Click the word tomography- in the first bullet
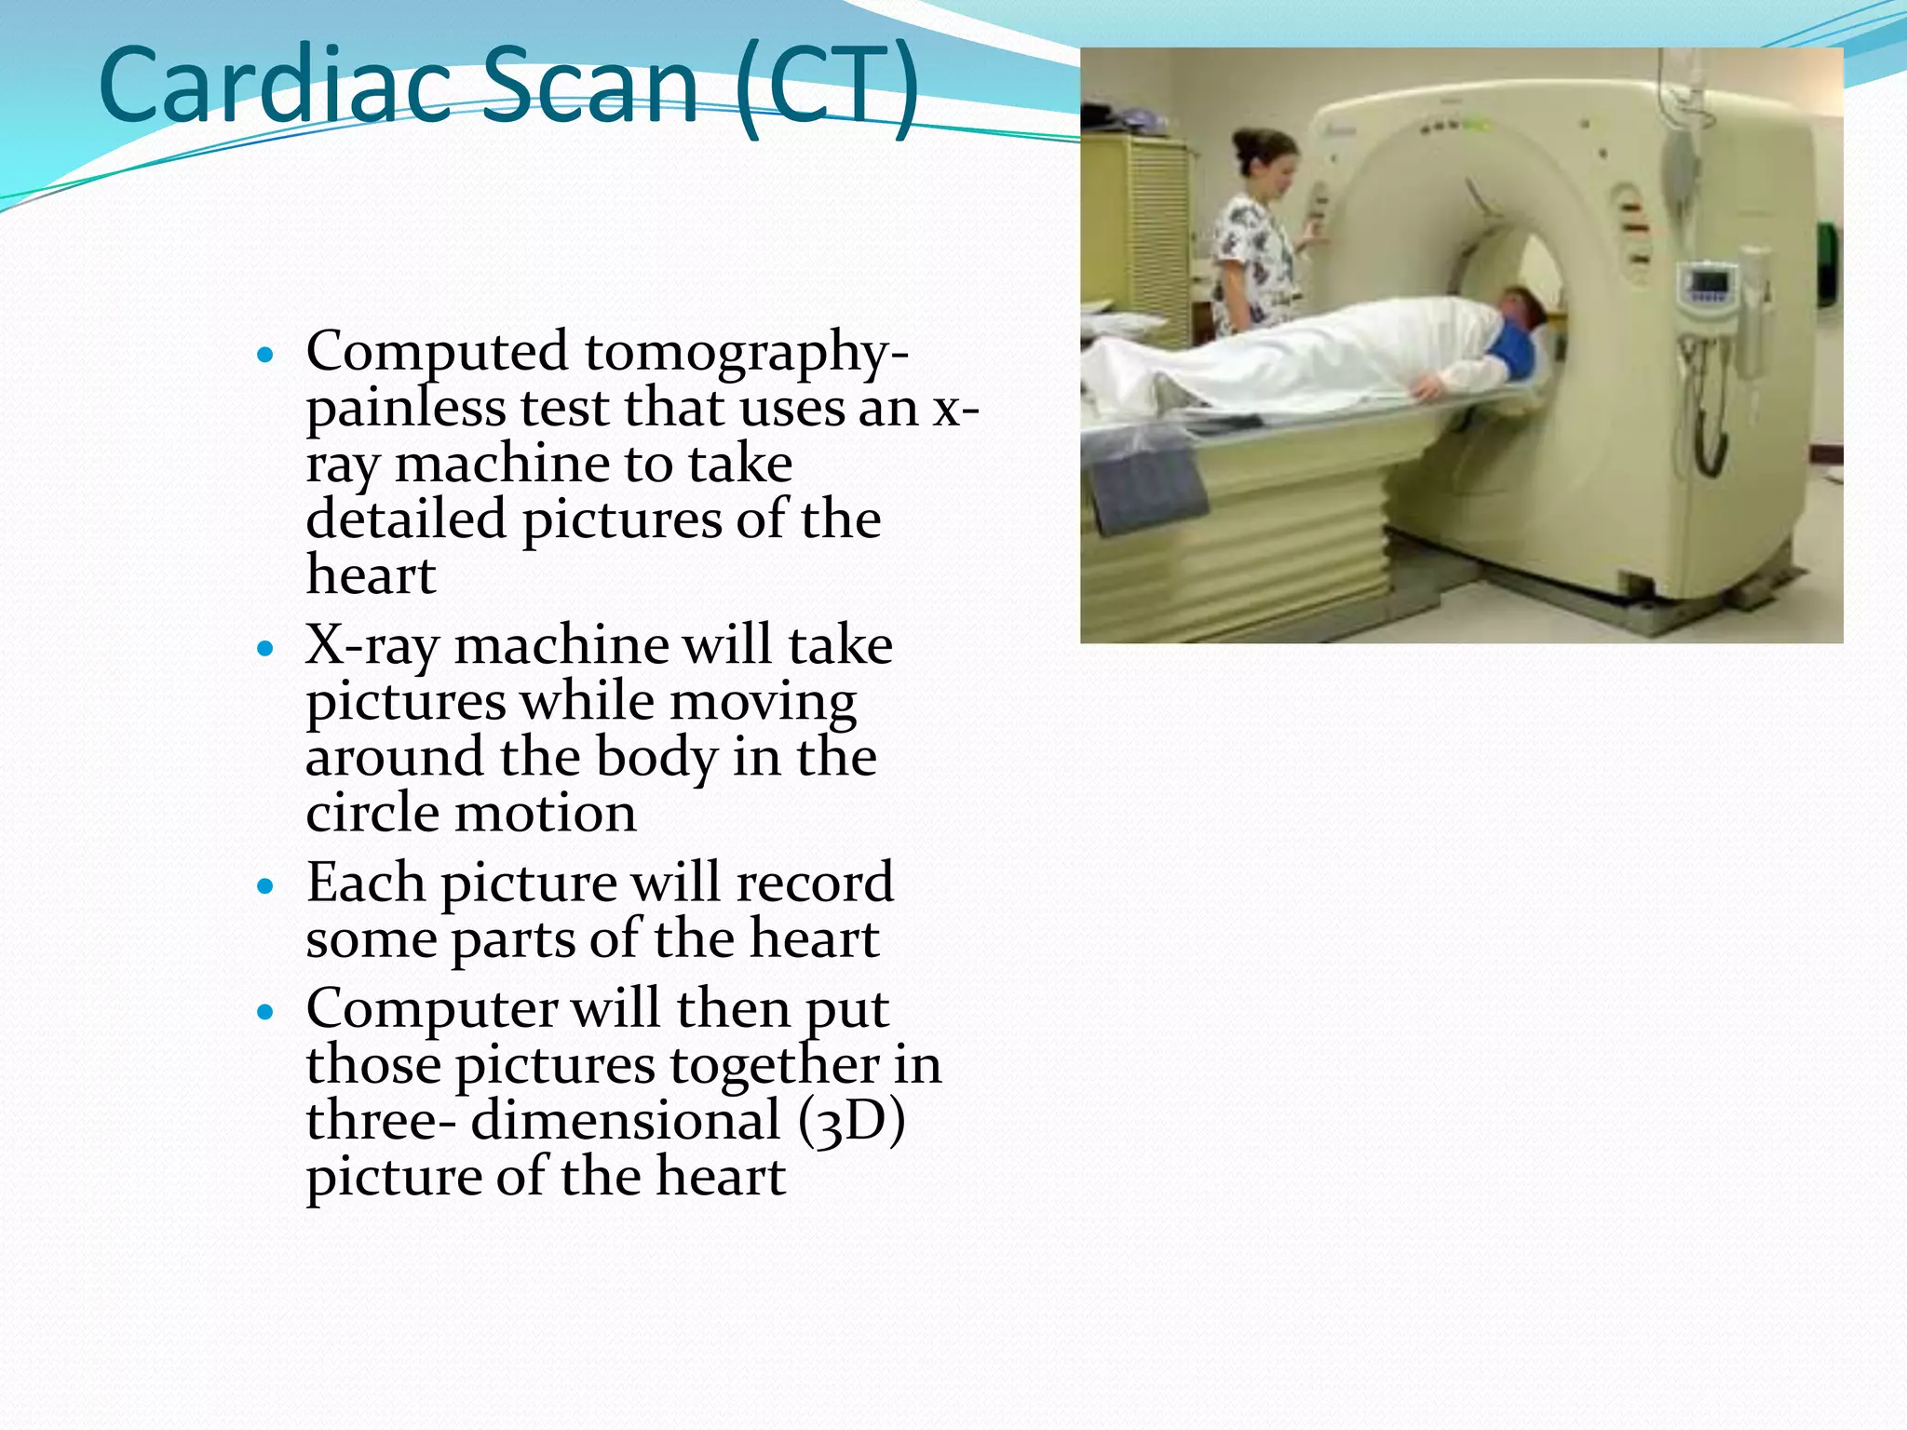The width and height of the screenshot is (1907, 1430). [747, 353]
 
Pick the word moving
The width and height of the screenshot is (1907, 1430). [763, 702]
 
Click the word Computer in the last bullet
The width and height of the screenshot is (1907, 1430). [433, 1009]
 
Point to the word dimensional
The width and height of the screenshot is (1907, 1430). [625, 1121]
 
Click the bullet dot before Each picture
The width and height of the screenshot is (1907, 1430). [266, 886]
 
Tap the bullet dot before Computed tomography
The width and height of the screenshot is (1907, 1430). [266, 356]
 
